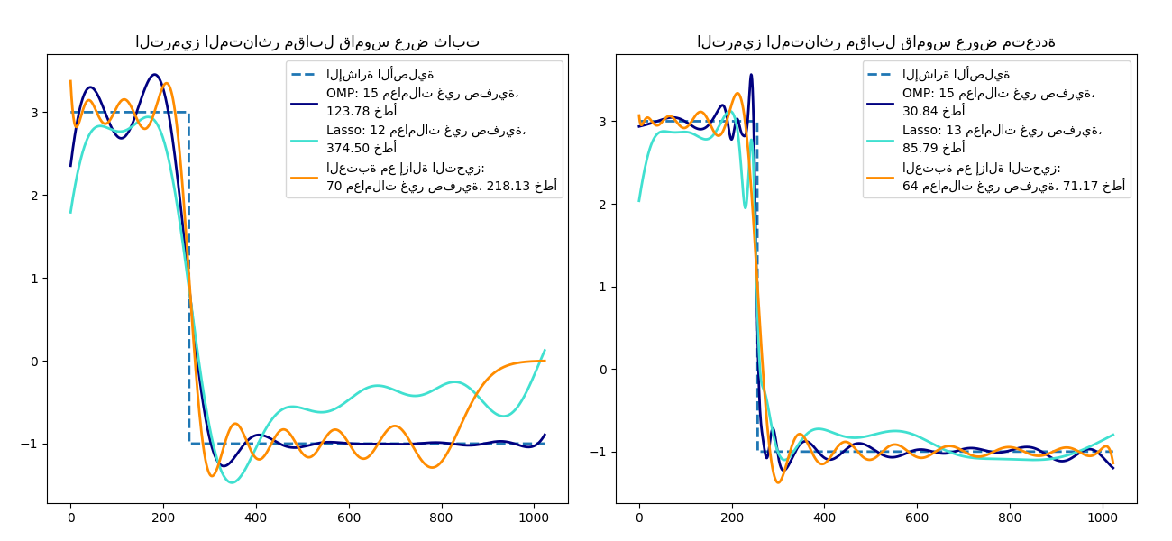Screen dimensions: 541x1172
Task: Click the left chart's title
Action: [307, 42]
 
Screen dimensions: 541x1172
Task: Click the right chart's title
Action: [875, 42]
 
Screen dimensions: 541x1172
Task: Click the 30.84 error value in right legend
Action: [921, 111]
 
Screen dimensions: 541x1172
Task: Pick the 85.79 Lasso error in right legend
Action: [921, 148]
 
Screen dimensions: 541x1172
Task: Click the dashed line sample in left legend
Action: [305, 75]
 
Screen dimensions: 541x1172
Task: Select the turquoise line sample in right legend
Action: [880, 131]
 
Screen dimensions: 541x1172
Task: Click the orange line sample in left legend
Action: [305, 178]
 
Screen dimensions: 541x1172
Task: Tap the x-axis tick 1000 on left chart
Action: [533, 518]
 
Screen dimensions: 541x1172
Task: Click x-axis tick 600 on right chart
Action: [917, 518]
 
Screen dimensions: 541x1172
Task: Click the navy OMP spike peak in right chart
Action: [751, 75]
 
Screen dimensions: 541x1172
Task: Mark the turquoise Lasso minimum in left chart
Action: [233, 482]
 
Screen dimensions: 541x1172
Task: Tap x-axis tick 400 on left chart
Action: [255, 518]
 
